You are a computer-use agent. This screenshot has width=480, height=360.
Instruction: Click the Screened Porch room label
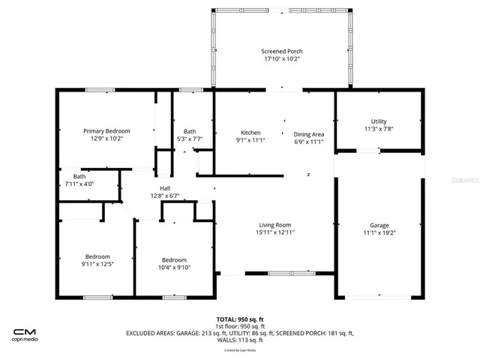pyautogui.click(x=282, y=51)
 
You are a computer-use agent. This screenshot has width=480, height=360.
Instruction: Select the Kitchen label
pyautogui.click(x=250, y=133)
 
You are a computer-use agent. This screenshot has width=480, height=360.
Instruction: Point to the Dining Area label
pyautogui.click(x=308, y=133)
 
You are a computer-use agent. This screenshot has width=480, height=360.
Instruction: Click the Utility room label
pyautogui.click(x=379, y=121)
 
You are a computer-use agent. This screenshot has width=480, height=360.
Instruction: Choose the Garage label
pyautogui.click(x=379, y=225)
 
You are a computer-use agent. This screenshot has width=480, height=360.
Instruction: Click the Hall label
pyautogui.click(x=164, y=187)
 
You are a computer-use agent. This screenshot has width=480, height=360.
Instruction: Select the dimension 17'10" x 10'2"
pyautogui.click(x=282, y=59)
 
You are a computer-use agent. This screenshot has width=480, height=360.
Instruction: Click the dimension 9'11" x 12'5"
pyautogui.click(x=97, y=264)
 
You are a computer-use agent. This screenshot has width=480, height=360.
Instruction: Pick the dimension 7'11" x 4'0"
pyautogui.click(x=79, y=184)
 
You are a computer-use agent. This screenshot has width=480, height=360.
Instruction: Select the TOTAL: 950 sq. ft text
pyautogui.click(x=240, y=319)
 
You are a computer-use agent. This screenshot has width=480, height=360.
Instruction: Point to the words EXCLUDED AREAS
pyautogui.click(x=154, y=333)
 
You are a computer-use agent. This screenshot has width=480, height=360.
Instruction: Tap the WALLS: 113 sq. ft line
pyautogui.click(x=240, y=340)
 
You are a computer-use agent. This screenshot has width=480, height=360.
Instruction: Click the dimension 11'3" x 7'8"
pyautogui.click(x=379, y=129)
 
